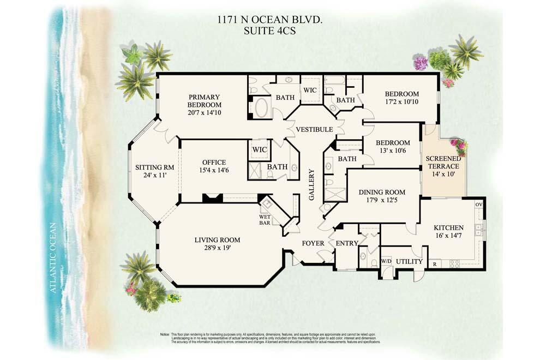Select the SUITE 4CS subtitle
pos(269,31)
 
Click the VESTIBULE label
pos(314,129)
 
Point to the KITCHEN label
pos(448,227)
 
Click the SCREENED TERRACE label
pos(443,162)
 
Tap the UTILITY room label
pos(409,262)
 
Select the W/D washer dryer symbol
pos(386,261)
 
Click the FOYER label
pos(313,243)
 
